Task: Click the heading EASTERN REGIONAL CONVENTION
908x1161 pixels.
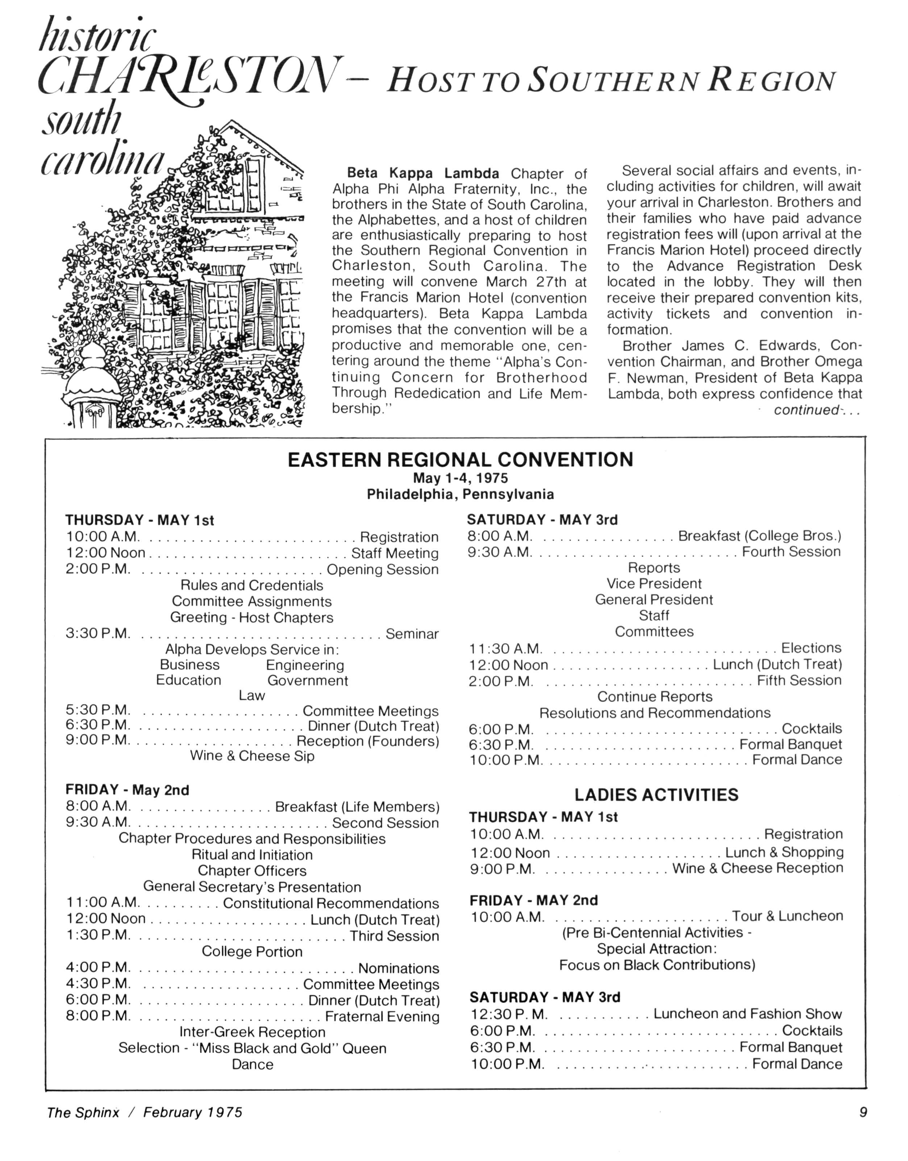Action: pyautogui.click(x=461, y=459)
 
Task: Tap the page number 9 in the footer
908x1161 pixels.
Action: pyautogui.click(x=863, y=1112)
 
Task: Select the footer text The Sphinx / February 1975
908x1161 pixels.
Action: pyautogui.click(x=144, y=1113)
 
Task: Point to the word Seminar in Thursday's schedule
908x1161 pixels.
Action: pyautogui.click(x=412, y=633)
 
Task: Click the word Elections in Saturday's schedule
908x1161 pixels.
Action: pyautogui.click(x=811, y=648)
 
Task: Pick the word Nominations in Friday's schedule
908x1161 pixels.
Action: pyautogui.click(x=398, y=968)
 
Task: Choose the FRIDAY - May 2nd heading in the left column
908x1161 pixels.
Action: pyautogui.click(x=127, y=790)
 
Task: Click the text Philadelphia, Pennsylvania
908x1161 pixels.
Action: pyautogui.click(x=461, y=495)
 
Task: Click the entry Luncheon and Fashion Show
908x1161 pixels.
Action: pyautogui.click(x=747, y=1014)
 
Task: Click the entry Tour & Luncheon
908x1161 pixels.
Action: pyautogui.click(x=787, y=916)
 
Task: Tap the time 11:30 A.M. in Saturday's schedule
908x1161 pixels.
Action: pyautogui.click(x=505, y=649)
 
